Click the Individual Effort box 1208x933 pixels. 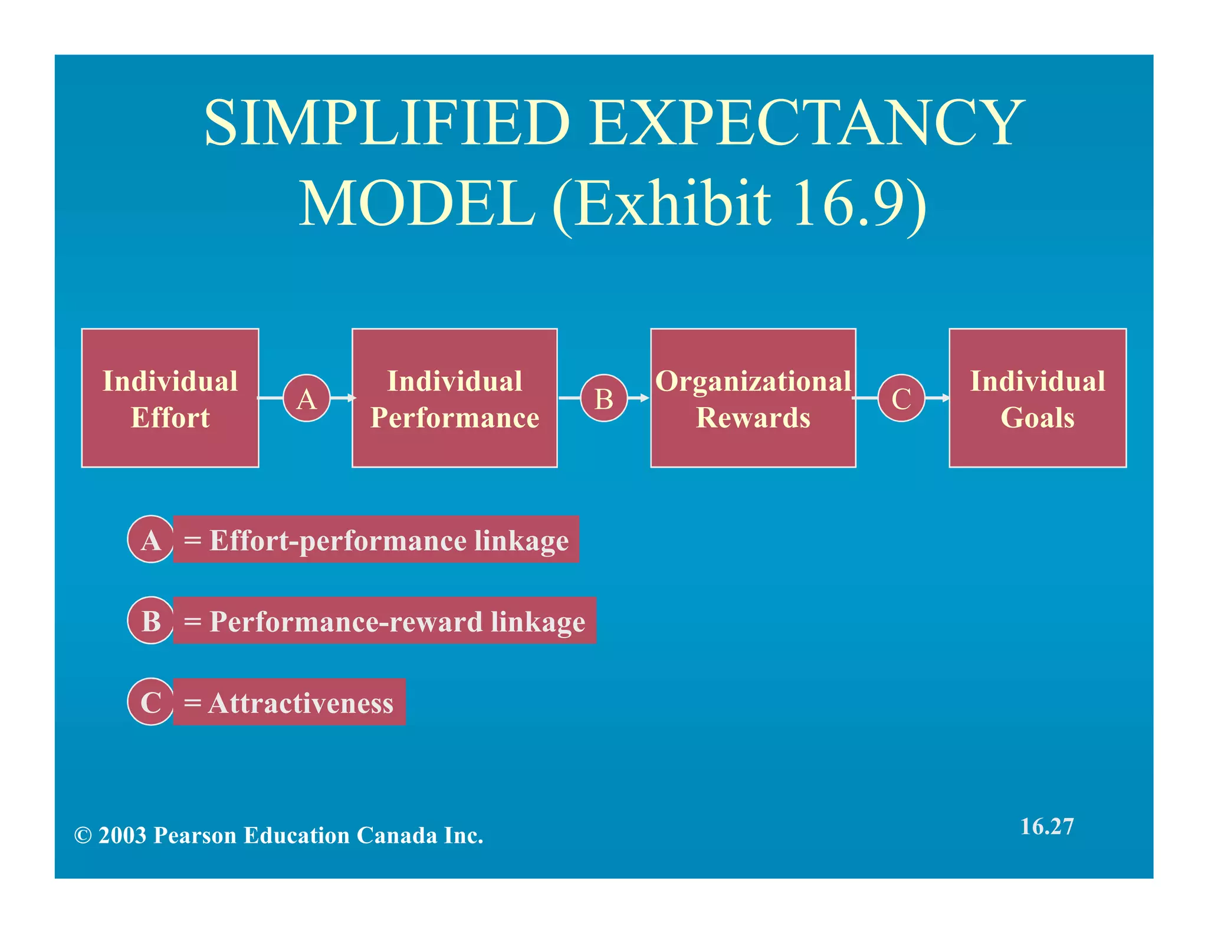170,398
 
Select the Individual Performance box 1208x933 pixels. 454,398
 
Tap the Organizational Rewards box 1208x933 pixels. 753,398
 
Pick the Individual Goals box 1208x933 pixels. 1037,398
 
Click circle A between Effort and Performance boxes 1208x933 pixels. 306,398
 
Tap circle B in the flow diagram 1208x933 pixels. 603,398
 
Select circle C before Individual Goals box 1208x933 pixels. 901,398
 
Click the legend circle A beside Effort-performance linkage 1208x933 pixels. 151,539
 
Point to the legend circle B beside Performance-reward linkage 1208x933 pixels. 151,620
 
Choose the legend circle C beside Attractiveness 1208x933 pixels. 151,702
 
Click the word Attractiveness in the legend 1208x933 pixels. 301,703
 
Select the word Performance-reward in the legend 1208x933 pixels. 346,622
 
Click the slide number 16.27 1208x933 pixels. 1046,826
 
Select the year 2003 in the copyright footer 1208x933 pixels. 122,836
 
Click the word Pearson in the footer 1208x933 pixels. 195,836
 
